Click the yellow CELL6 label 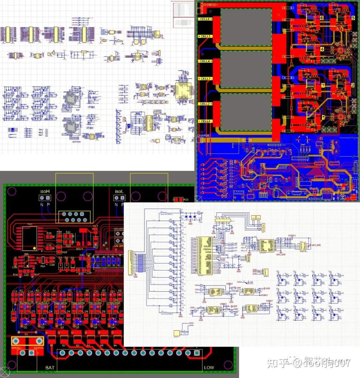[205, 19]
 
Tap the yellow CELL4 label [205, 61]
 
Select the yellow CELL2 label [205, 104]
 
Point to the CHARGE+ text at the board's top [210, 5]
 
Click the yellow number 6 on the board [322, 18]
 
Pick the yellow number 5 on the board [353, 18]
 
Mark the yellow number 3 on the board [323, 85]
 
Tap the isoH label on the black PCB [45, 191]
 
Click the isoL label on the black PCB [119, 191]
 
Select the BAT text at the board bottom [50, 368]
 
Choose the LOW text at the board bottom [209, 368]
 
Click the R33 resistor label [186, 200]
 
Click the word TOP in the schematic [78, 110]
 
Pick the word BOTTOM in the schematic [77, 142]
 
